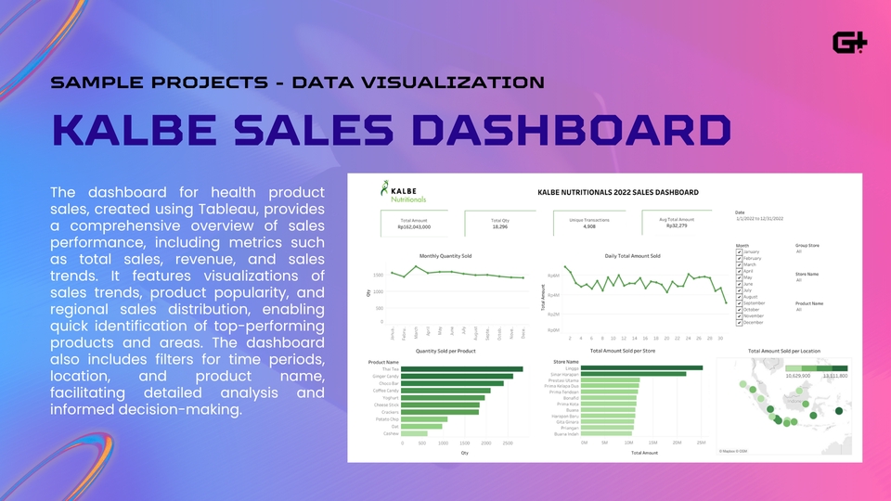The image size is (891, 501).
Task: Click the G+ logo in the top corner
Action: click(850, 43)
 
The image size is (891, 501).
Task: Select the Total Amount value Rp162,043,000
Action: click(414, 226)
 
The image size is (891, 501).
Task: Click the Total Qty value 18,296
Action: click(499, 226)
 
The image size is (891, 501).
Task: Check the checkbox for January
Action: click(739, 252)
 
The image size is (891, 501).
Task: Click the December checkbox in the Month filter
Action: click(739, 322)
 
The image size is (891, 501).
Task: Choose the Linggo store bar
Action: click(642, 368)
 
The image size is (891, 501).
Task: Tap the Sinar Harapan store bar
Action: click(634, 375)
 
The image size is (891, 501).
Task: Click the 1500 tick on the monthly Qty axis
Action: click(378, 276)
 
